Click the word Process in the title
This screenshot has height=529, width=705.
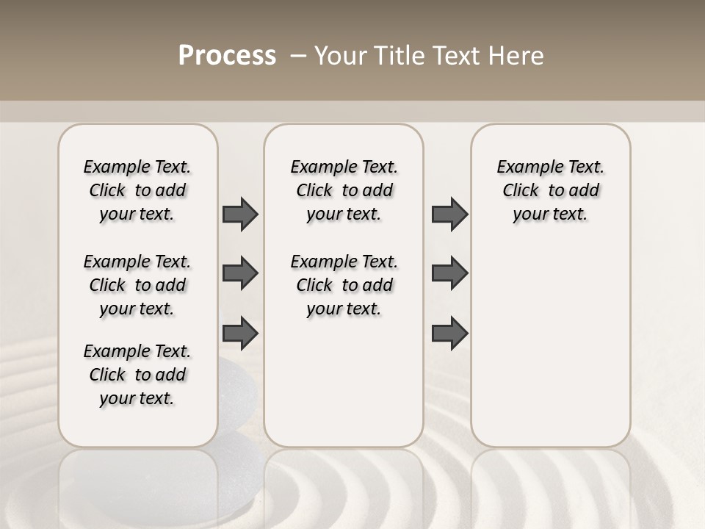pyautogui.click(x=227, y=56)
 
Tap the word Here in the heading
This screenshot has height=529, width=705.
pyautogui.click(x=517, y=56)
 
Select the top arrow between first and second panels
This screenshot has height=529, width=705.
pyautogui.click(x=240, y=214)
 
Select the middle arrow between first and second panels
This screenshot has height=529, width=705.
pyautogui.click(x=240, y=273)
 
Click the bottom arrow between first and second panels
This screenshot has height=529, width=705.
pyautogui.click(x=240, y=333)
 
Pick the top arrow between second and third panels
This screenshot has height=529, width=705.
pyautogui.click(x=449, y=214)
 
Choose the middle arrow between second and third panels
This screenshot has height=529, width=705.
pyautogui.click(x=449, y=273)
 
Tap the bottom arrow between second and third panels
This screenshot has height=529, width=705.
pyautogui.click(x=449, y=333)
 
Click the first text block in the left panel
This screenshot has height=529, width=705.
pyautogui.click(x=137, y=190)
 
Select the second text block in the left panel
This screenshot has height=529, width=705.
pyautogui.click(x=137, y=285)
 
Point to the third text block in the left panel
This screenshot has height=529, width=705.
pyautogui.click(x=137, y=375)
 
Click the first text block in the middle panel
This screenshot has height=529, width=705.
pyautogui.click(x=344, y=190)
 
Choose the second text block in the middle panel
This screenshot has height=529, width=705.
pyautogui.click(x=344, y=285)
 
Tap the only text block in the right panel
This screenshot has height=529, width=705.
pyautogui.click(x=550, y=190)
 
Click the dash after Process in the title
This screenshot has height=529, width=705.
pyautogui.click(x=298, y=56)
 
